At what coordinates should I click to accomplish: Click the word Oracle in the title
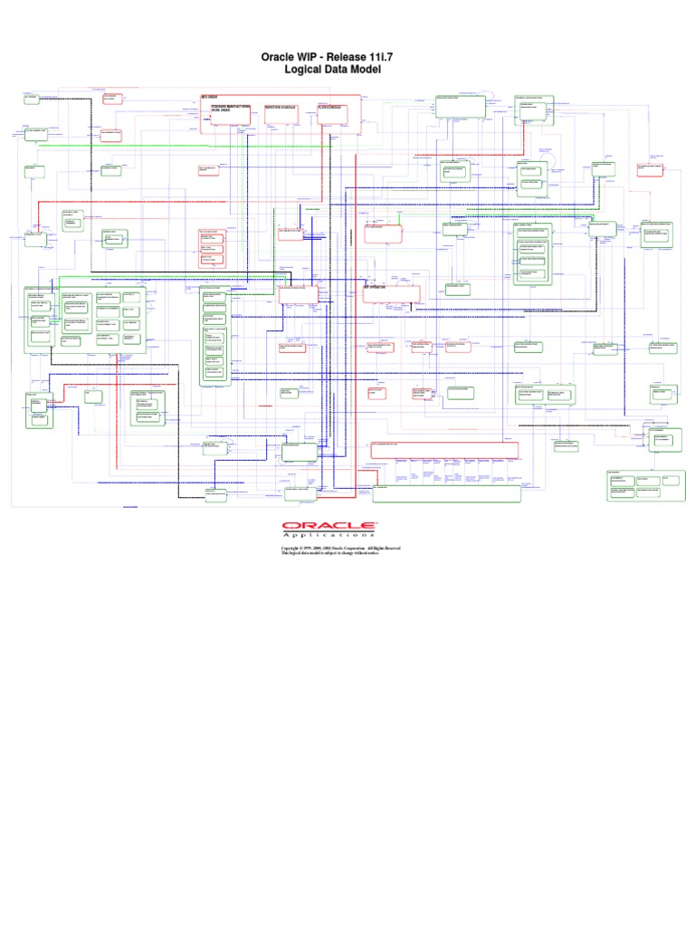click(281, 57)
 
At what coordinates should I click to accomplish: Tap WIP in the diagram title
click(321, 57)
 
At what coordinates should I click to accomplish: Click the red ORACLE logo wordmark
click(328, 526)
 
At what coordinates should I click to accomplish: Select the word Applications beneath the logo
click(328, 536)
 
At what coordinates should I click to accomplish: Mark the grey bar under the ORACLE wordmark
click(328, 531)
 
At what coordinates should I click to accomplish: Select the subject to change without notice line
click(347, 554)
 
